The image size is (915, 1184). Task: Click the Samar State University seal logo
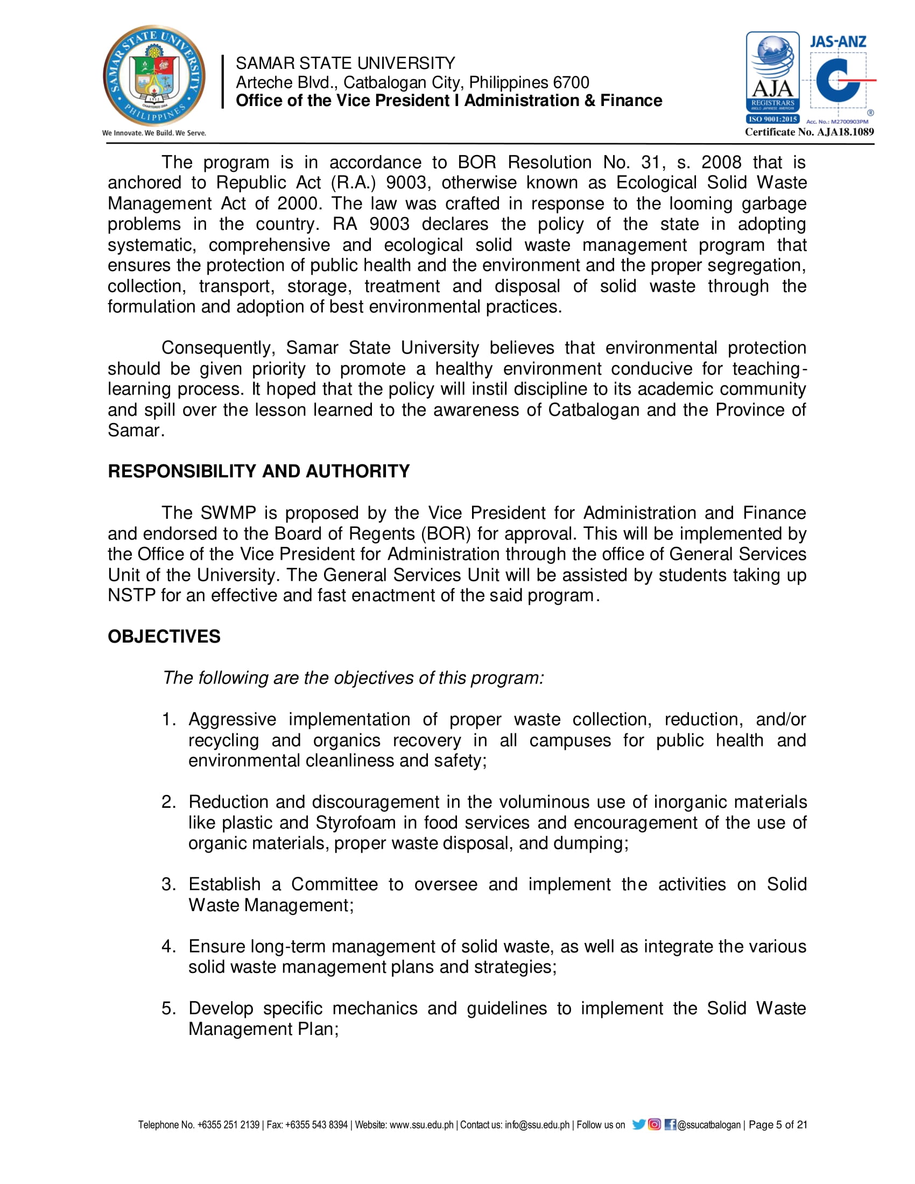[x=154, y=75]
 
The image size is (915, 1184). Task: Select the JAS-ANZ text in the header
[x=837, y=41]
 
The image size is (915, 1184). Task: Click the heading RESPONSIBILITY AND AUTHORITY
[x=258, y=471]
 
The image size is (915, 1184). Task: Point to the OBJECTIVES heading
[x=164, y=637]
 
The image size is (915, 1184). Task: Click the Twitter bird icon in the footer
[x=638, y=1124]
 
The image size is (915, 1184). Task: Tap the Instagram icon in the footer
[x=654, y=1124]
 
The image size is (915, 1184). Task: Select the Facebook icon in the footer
[x=670, y=1124]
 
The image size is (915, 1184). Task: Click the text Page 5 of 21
[x=778, y=1125]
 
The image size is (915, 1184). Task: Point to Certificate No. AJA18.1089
[x=810, y=132]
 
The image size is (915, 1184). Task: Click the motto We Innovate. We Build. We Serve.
[x=154, y=133]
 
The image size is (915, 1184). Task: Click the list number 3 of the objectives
[x=167, y=884]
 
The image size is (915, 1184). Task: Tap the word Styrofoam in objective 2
[x=356, y=822]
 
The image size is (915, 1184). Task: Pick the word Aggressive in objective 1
[x=232, y=720]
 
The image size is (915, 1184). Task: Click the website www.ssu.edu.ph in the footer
[x=421, y=1125]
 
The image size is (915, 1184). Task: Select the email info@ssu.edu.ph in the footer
[x=537, y=1125]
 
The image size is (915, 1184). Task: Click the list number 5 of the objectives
[x=167, y=1009]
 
